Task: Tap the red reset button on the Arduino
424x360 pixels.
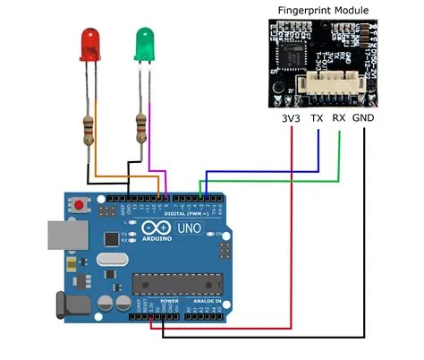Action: pyautogui.click(x=82, y=206)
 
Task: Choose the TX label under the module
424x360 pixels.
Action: pyautogui.click(x=316, y=117)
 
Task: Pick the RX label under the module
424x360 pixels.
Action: pyautogui.click(x=339, y=117)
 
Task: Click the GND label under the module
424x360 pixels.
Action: pyautogui.click(x=364, y=117)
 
